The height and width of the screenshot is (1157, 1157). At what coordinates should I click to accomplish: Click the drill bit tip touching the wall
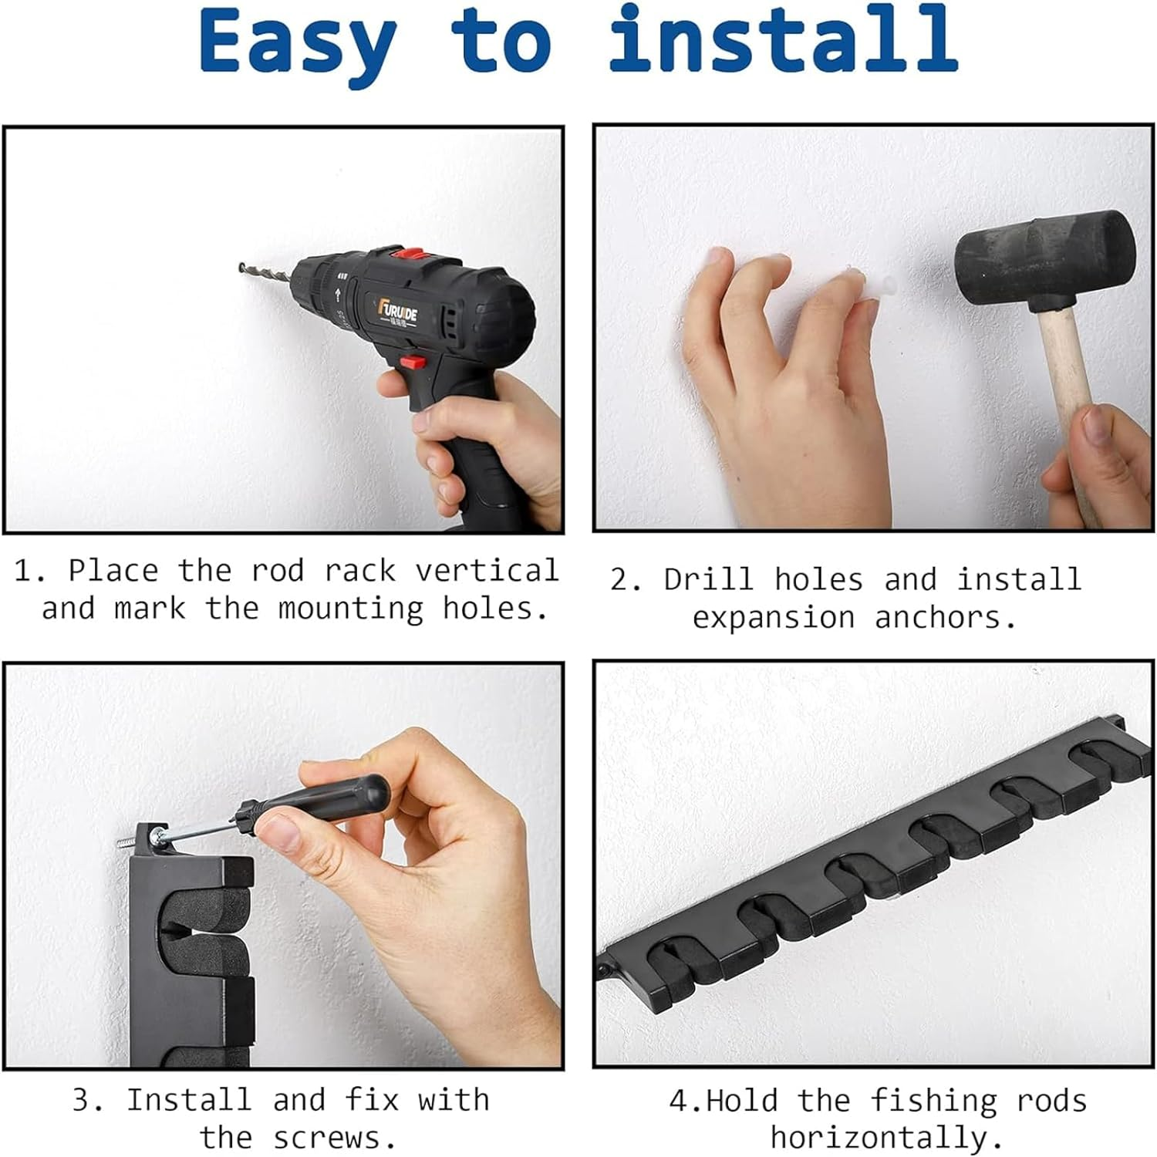pos(242,268)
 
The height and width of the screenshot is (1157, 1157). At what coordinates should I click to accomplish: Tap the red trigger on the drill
pos(413,360)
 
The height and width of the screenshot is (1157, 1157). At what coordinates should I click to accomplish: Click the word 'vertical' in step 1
pos(487,571)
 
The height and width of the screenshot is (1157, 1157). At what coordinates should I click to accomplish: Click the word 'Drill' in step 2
pos(708,579)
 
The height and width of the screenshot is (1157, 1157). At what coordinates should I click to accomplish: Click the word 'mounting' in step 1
pos(351,609)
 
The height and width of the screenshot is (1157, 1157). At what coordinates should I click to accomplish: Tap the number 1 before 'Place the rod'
pos(24,572)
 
